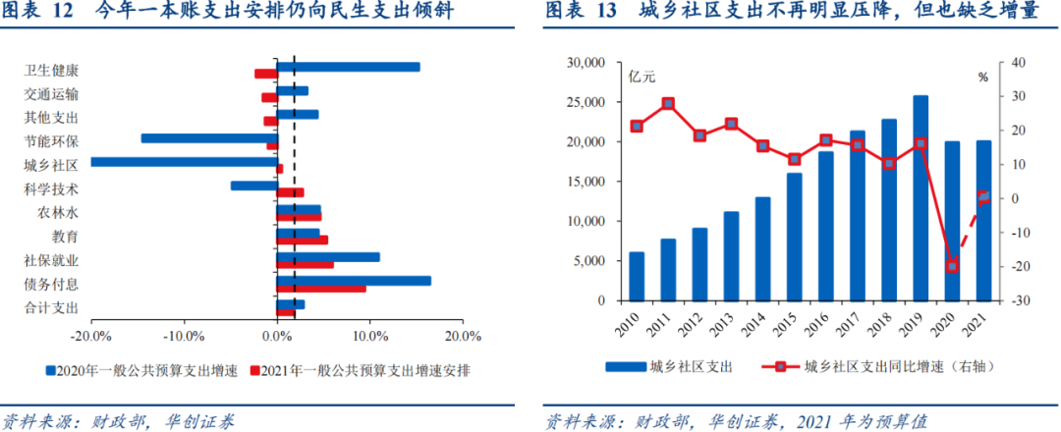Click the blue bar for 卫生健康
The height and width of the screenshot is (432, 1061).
[348, 67]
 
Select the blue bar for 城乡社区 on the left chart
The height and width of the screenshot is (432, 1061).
[183, 162]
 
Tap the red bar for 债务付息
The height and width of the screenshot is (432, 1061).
[321, 289]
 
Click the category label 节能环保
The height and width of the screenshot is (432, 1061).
[51, 141]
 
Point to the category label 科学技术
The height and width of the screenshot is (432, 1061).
[51, 189]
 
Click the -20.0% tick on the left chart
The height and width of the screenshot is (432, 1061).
[91, 335]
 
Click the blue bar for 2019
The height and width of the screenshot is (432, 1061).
[921, 197]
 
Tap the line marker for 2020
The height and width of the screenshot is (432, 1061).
[952, 265]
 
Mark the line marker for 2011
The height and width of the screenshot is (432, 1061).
[668, 103]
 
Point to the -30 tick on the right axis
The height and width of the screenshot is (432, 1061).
[1012, 300]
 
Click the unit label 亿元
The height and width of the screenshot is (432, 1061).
[642, 77]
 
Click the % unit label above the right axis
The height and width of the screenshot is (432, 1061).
[982, 77]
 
